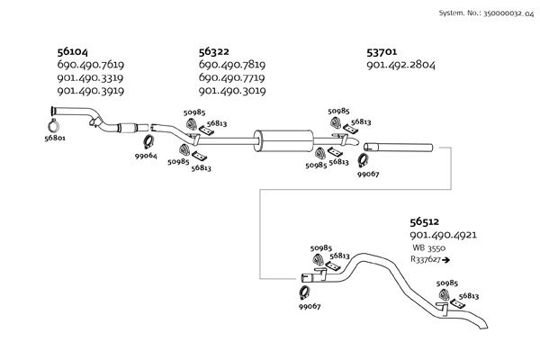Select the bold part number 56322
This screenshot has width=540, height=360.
pyautogui.click(x=216, y=51)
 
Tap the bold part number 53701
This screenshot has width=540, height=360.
pyautogui.click(x=385, y=51)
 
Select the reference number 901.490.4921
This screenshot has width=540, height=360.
pyautogui.click(x=444, y=234)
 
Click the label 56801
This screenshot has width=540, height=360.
pyautogui.click(x=56, y=138)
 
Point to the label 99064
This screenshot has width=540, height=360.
pyautogui.click(x=146, y=156)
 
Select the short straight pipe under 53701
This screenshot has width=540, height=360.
pyautogui.click(x=399, y=147)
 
